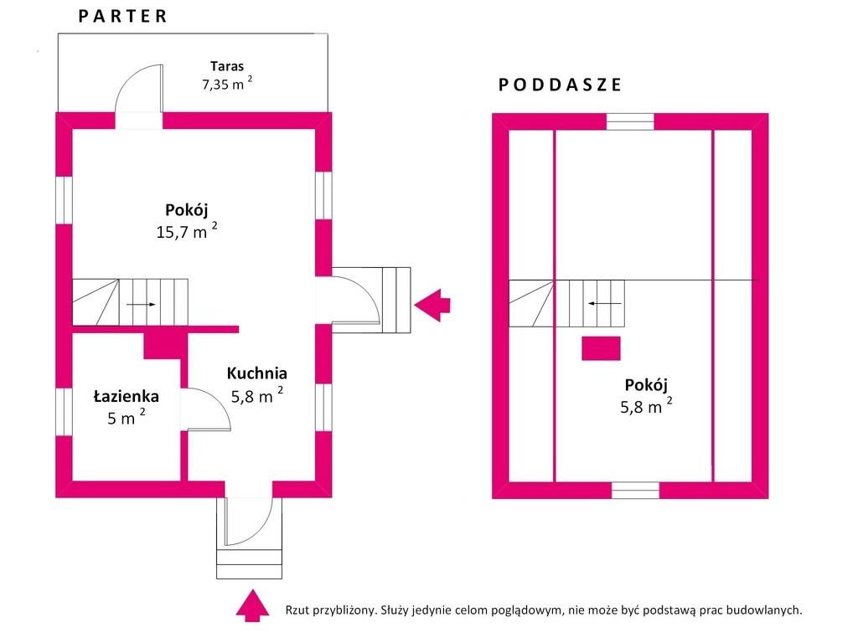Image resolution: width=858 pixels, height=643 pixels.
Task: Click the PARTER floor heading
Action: [x=122, y=16]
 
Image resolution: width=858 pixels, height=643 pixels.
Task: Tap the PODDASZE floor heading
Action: [x=560, y=85]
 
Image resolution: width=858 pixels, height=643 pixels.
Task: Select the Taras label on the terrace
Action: [x=226, y=66]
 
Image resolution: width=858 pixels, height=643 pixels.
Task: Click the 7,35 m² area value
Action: [x=227, y=84]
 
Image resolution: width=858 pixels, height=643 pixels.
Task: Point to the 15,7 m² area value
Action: [x=187, y=231]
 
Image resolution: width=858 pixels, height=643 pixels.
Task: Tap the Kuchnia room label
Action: [x=256, y=373]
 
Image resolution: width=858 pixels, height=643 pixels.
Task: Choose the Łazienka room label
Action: [x=126, y=396]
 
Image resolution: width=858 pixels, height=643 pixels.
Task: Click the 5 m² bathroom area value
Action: [x=127, y=417]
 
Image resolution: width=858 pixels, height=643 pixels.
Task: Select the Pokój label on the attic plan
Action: [x=646, y=385]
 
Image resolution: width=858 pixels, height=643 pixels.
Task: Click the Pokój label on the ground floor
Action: [x=187, y=210]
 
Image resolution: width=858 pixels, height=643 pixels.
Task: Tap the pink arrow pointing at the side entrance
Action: [x=432, y=305]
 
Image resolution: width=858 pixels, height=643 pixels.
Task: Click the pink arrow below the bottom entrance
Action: [x=252, y=605]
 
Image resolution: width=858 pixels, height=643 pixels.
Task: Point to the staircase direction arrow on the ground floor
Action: [x=141, y=305]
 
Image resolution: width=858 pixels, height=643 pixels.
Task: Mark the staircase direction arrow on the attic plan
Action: [x=605, y=303]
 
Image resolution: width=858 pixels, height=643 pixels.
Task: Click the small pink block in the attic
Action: [x=601, y=348]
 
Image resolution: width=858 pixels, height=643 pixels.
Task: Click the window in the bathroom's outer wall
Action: [x=64, y=412]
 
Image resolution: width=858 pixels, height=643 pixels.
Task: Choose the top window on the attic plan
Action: [x=630, y=121]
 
